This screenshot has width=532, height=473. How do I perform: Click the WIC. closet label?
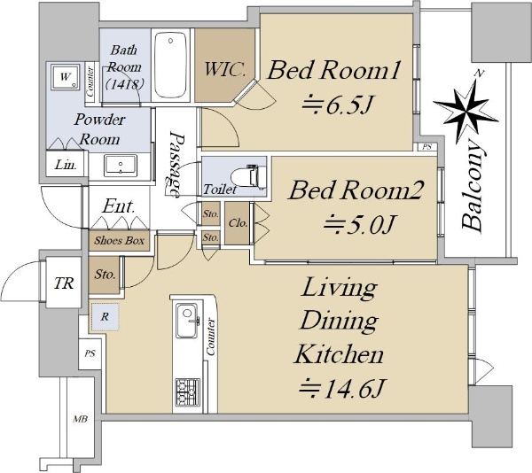click(224, 69)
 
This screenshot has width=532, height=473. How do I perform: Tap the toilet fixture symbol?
click(248, 176)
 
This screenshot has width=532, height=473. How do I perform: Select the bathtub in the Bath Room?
click(170, 65)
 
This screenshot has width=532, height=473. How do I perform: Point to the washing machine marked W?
click(65, 77)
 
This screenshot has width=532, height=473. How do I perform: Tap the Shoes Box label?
click(119, 241)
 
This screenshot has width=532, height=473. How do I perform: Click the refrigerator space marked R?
click(105, 317)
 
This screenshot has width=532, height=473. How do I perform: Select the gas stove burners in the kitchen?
click(188, 392)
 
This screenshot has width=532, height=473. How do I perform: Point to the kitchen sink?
click(187, 321)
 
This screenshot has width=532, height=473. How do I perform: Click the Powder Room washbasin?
click(121, 165)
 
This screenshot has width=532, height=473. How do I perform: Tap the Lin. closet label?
click(66, 165)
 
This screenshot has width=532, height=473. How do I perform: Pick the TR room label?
click(64, 283)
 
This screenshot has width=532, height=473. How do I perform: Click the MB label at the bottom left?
click(81, 419)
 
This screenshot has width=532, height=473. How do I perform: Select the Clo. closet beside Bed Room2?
click(238, 223)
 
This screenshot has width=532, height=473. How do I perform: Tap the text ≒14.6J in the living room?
click(341, 388)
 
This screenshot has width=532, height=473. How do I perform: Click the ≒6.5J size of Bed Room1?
click(338, 105)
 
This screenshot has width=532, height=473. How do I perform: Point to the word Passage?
click(176, 164)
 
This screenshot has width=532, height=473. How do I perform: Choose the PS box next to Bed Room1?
click(426, 147)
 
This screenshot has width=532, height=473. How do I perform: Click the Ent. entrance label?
click(119, 205)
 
